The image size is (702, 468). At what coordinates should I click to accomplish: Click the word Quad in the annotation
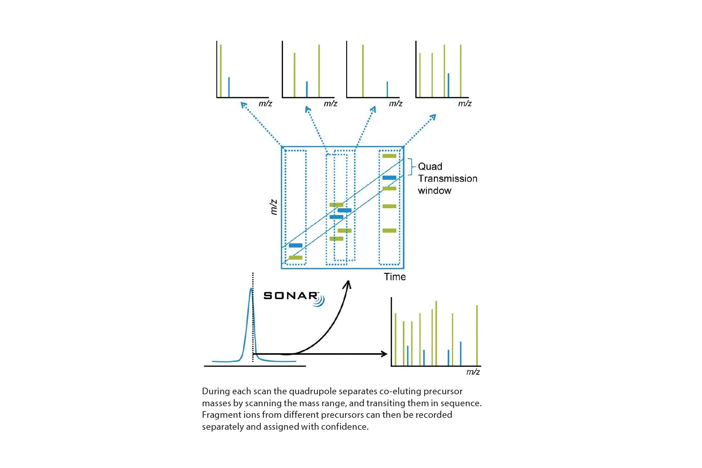click(430, 166)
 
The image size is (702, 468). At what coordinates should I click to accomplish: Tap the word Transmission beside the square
click(448, 178)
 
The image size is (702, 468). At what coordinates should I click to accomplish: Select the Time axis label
click(395, 277)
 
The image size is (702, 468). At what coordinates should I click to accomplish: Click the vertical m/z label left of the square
click(274, 207)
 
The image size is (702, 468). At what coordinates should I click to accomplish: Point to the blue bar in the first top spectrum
click(229, 87)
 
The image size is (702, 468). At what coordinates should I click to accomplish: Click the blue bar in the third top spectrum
click(387, 89)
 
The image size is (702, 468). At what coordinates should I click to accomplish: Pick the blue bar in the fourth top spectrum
click(448, 85)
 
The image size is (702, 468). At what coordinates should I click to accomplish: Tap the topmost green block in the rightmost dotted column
click(389, 156)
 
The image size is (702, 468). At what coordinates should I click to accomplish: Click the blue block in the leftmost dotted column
click(296, 245)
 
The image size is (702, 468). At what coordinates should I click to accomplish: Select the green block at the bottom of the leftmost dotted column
click(296, 258)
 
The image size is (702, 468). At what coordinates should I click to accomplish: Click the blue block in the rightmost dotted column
click(389, 178)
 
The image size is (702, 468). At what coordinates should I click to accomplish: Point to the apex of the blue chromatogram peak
click(251, 289)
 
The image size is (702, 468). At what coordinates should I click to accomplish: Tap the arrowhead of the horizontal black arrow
click(385, 354)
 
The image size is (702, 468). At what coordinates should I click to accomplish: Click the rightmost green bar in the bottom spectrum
click(477, 335)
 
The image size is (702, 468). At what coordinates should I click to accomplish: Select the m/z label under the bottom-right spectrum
click(473, 372)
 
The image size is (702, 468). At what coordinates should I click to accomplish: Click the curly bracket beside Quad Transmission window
click(412, 167)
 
